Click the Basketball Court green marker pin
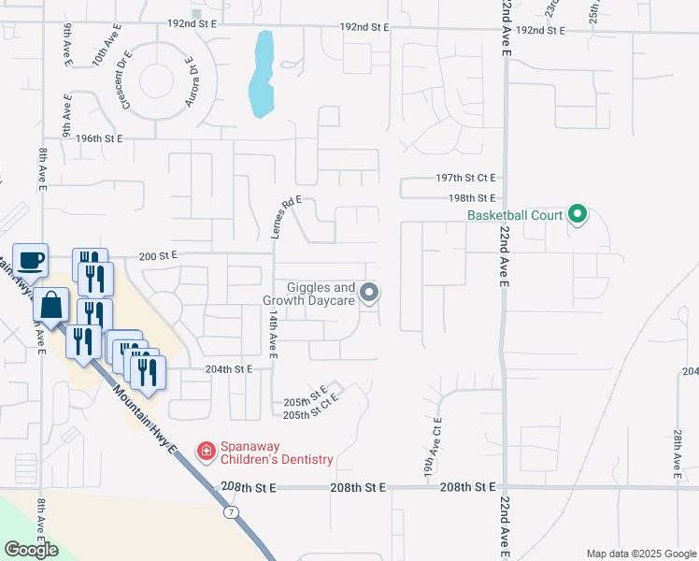click(578, 215)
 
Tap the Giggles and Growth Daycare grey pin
click(369, 294)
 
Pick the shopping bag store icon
click(50, 305)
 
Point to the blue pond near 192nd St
click(263, 75)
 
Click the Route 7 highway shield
click(230, 512)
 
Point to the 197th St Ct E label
click(464, 178)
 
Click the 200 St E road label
click(158, 254)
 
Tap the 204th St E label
click(230, 369)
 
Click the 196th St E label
click(100, 138)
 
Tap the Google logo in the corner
click(31, 550)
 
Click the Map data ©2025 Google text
click(641, 554)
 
